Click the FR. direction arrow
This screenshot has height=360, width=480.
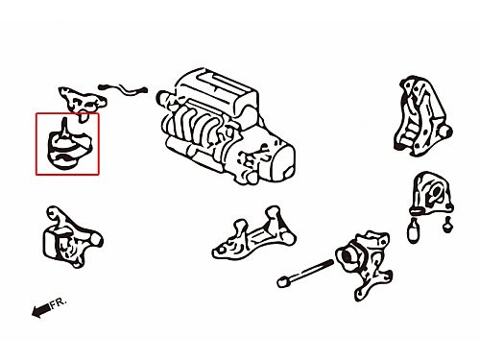click(x=41, y=310)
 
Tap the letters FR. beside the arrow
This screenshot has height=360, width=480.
click(x=59, y=302)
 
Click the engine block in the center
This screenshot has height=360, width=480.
click(x=226, y=127)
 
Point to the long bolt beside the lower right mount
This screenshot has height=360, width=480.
click(x=305, y=273)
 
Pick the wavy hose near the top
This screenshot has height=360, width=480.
click(x=123, y=89)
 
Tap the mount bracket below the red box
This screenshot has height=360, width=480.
click(x=72, y=237)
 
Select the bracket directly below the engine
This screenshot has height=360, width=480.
click(x=253, y=233)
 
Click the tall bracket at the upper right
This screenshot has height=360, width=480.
click(x=421, y=117)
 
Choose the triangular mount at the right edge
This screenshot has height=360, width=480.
click(x=431, y=193)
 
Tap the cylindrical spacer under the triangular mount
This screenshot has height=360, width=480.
click(x=414, y=229)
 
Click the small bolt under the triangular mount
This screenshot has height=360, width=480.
click(x=448, y=224)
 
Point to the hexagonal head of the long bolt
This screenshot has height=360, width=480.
click(x=283, y=282)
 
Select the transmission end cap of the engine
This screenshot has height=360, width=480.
click(x=281, y=162)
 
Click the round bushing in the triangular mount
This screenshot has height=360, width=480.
click(x=437, y=192)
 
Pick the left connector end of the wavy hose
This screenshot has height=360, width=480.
click(x=104, y=86)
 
